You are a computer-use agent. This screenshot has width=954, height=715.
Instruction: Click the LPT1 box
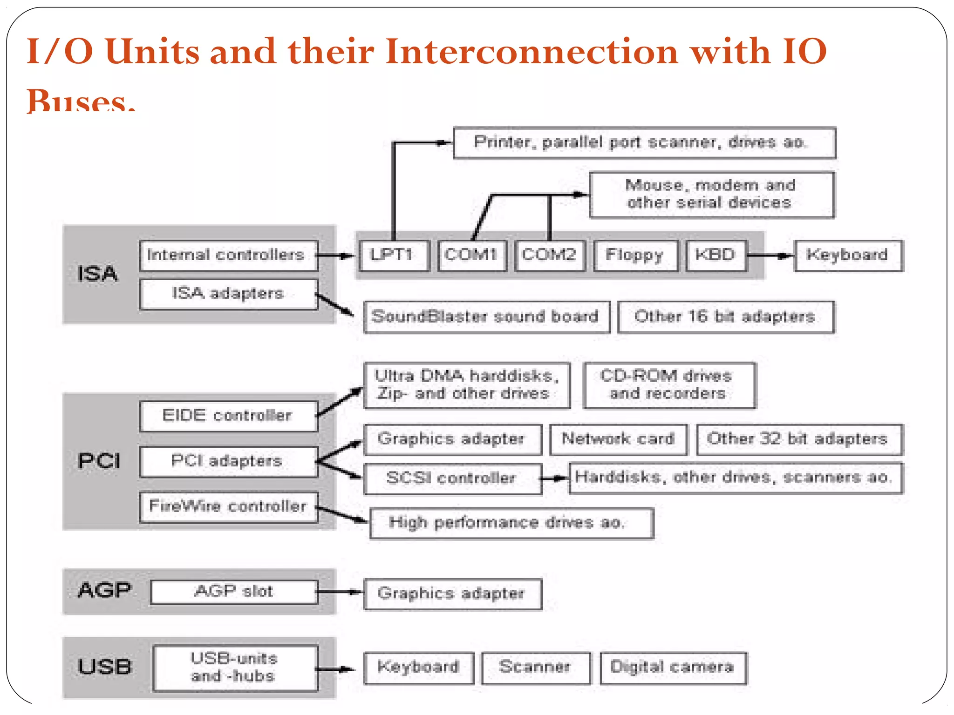[x=394, y=255]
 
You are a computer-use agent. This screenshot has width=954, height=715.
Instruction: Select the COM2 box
[x=550, y=255]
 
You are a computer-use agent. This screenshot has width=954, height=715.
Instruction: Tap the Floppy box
[x=635, y=255]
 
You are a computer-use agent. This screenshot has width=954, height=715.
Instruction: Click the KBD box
[x=716, y=255]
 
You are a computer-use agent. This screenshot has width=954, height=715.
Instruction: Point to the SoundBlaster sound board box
[x=486, y=317]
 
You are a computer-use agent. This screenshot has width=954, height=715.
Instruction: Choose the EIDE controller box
[x=228, y=416]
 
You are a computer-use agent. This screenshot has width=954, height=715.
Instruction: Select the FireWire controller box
[x=228, y=506]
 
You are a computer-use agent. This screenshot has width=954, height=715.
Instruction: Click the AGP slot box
[x=234, y=592]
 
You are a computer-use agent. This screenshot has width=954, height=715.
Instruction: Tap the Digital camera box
[x=673, y=667]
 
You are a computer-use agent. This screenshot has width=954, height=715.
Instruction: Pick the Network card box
[x=618, y=439]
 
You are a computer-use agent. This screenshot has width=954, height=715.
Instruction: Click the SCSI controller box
[x=452, y=478]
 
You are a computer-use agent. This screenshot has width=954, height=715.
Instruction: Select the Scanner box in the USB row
[x=535, y=667]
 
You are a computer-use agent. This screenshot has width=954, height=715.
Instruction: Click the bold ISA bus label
[x=97, y=274]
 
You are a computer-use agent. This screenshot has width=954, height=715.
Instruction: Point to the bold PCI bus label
[x=99, y=461]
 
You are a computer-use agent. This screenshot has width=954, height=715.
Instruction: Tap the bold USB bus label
[x=104, y=667]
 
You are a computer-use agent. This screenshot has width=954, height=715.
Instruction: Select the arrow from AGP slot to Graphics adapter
[x=340, y=592]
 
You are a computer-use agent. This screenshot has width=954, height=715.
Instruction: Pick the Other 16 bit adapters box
[x=725, y=317]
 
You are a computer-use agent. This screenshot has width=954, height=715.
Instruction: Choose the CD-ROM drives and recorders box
[x=668, y=385]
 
